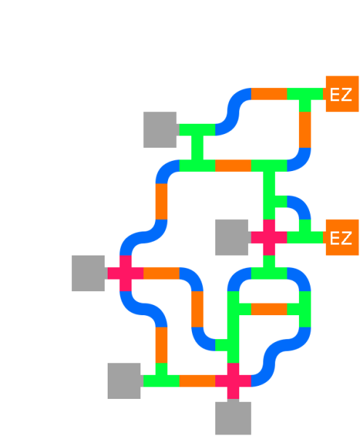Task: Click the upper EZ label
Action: coord(340,95)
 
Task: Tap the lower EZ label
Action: coord(340,239)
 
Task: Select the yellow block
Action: coord(341,309)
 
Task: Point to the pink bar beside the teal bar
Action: coord(233,177)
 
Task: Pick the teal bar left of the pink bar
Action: coord(197,177)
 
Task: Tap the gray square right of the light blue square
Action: coord(233,237)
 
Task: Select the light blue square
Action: coord(197,237)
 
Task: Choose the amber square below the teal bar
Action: coord(197,201)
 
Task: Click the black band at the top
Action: coord(180,37)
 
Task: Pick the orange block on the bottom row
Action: coord(197,388)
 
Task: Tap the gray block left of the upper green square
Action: coord(161,135)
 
